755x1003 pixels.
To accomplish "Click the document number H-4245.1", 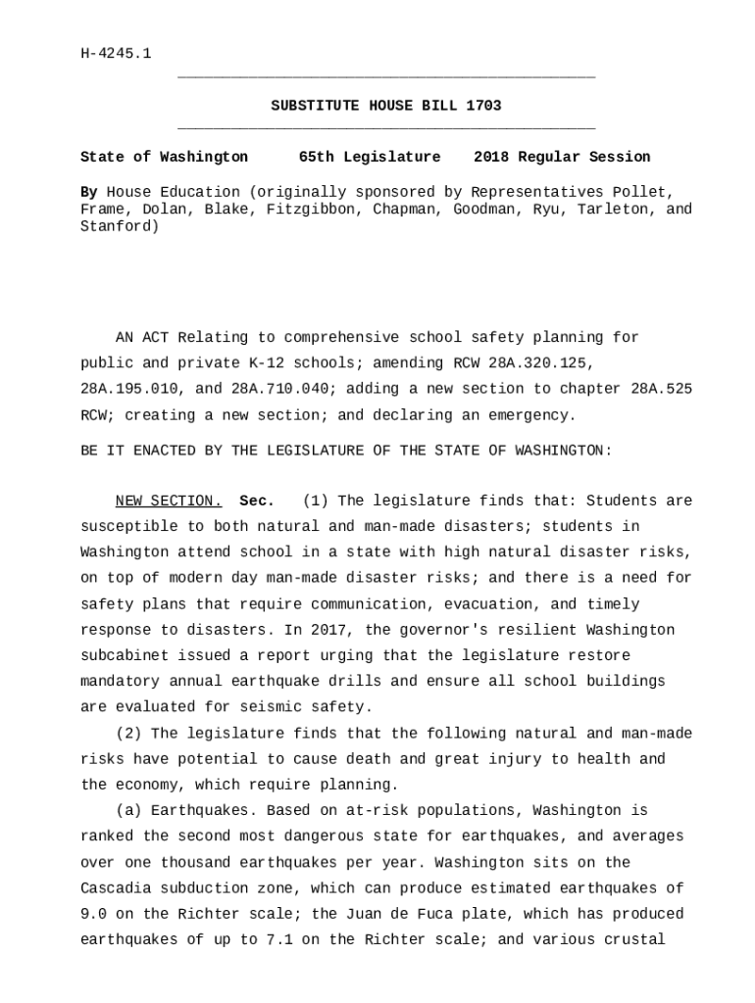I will coord(116,54).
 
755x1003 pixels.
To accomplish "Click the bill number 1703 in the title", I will coord(483,106).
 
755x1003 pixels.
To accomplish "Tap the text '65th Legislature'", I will coord(370,157).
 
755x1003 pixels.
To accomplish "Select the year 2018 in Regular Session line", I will coord(491,157).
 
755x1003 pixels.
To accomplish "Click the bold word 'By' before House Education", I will coord(88,192).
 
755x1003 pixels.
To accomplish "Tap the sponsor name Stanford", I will coord(120,226).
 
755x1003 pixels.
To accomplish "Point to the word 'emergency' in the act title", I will coord(531,415).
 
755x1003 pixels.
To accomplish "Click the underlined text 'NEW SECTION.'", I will coord(169,501).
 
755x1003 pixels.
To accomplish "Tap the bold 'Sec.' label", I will coord(257,501).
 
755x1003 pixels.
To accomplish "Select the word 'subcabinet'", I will coord(125,655).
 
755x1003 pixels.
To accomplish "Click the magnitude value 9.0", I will coord(93,915).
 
